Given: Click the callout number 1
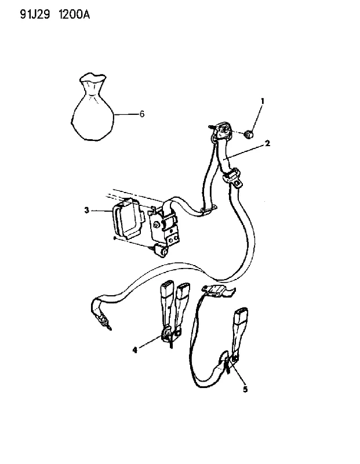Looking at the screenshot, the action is pyautogui.click(x=262, y=101).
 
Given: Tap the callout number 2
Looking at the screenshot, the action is pyautogui.click(x=267, y=143).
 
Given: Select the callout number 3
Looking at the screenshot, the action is pyautogui.click(x=86, y=211).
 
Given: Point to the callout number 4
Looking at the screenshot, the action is pyautogui.click(x=135, y=350).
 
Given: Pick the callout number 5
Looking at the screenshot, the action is pyautogui.click(x=245, y=389).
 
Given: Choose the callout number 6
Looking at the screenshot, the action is pyautogui.click(x=142, y=114).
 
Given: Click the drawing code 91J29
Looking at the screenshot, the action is pyautogui.click(x=35, y=14).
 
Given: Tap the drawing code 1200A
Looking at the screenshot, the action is pyautogui.click(x=74, y=14).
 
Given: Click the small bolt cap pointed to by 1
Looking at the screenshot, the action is pyautogui.click(x=249, y=135).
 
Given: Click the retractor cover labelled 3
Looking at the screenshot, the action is pyautogui.click(x=127, y=219).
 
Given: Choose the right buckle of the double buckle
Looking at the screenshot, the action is pyautogui.click(x=182, y=305).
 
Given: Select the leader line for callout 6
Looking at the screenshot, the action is pyautogui.click(x=126, y=114).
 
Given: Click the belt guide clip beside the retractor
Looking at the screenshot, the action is pyautogui.click(x=208, y=209).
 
